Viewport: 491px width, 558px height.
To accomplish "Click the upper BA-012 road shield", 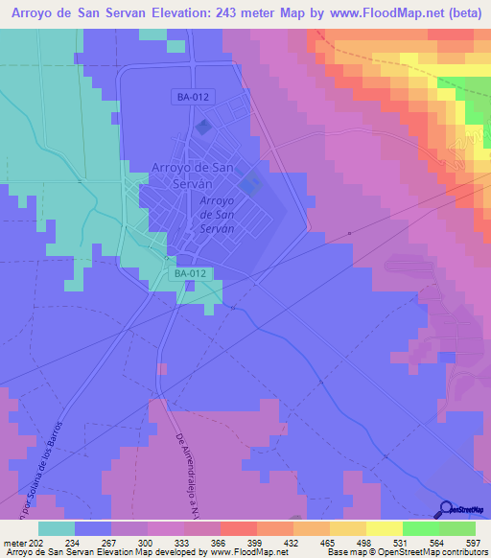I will (194, 97).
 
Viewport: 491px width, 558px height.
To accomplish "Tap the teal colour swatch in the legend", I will (57, 528).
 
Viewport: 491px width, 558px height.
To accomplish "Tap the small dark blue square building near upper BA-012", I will (202, 128).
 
